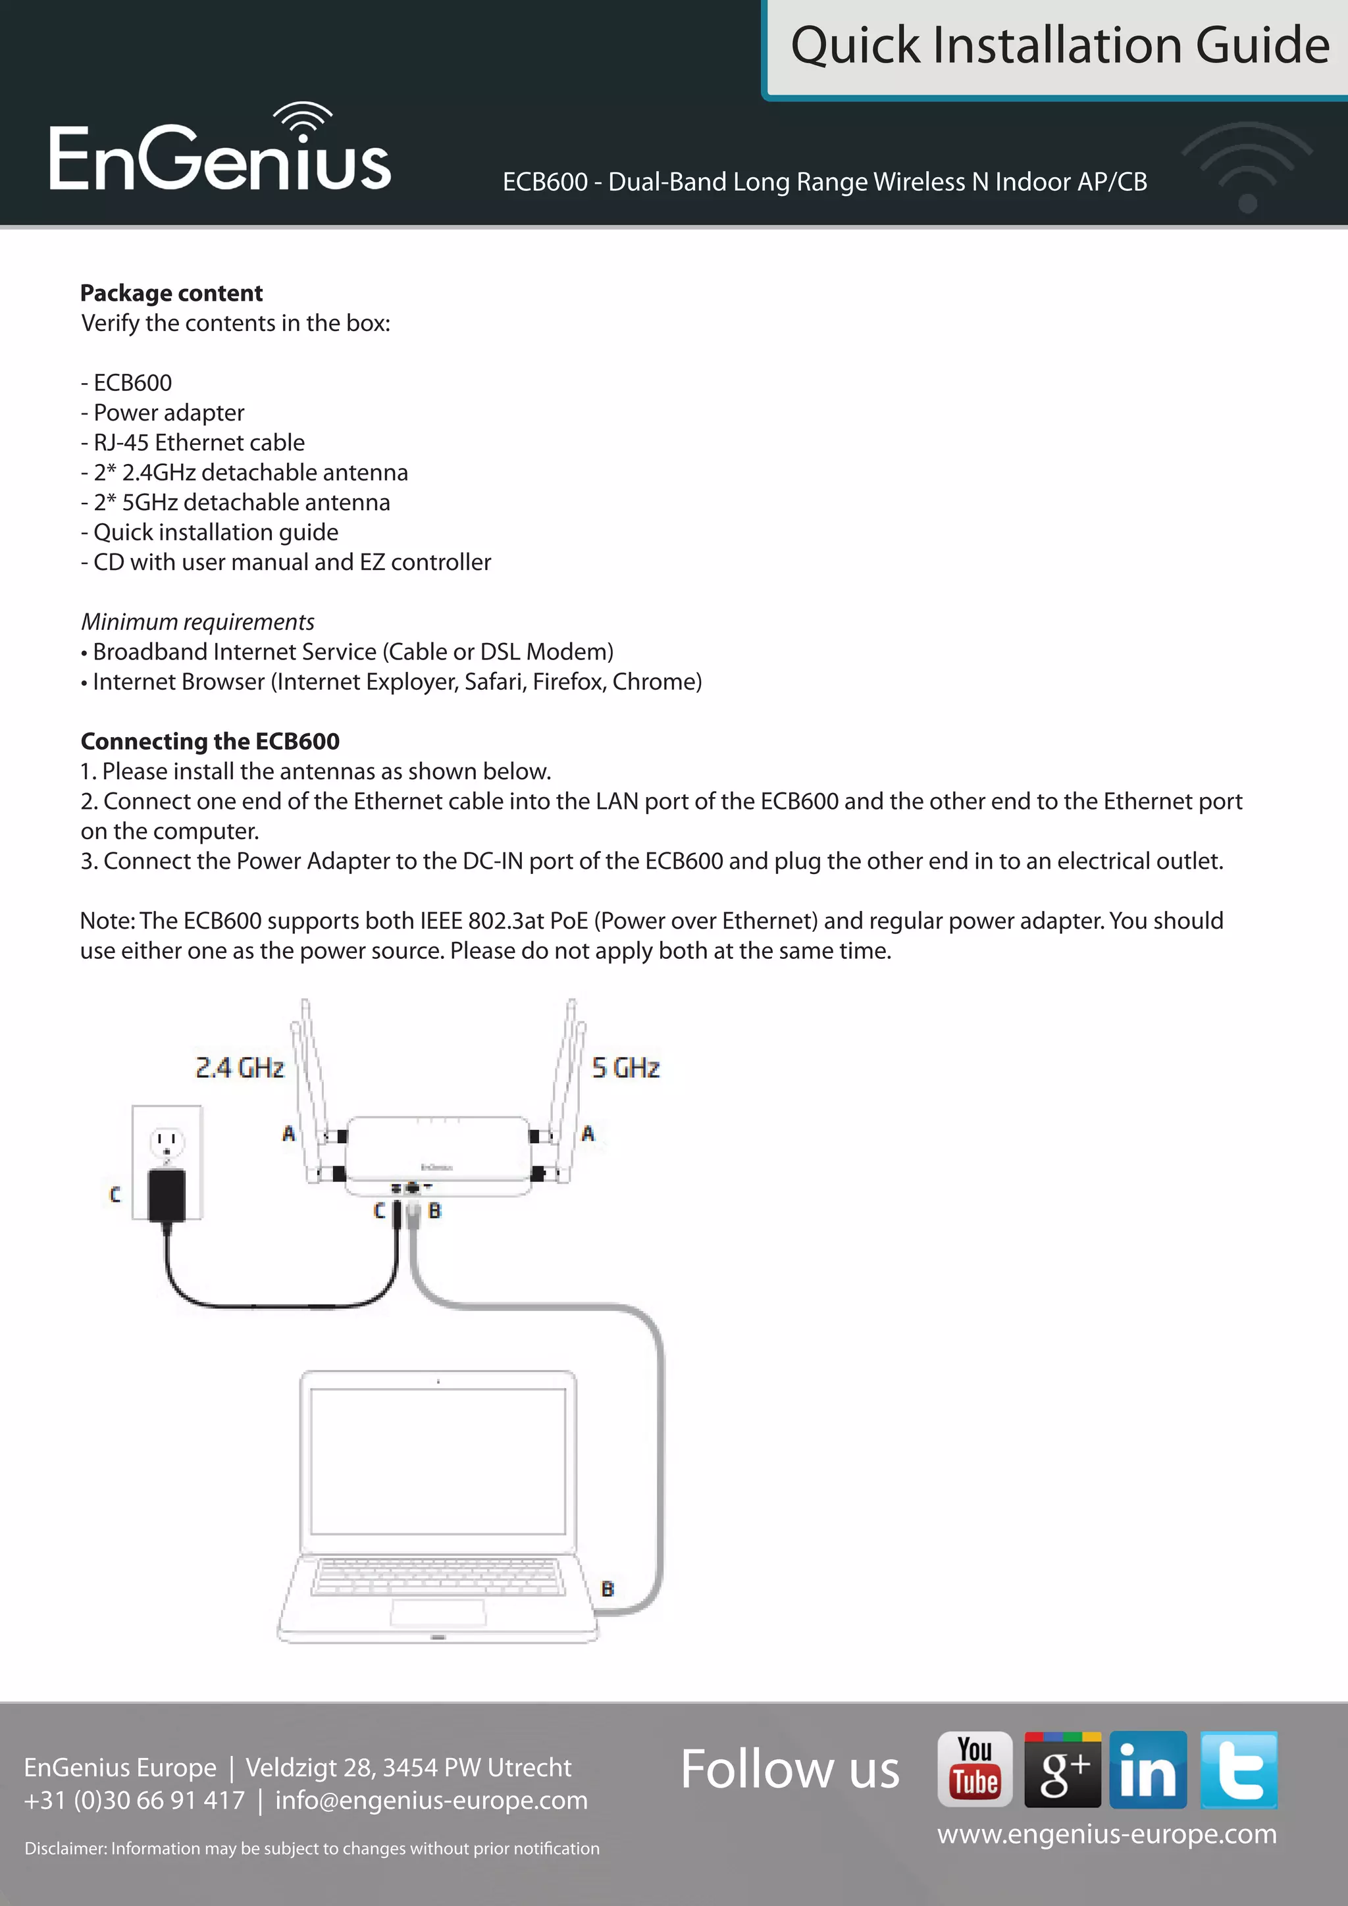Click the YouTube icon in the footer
coord(975,1768)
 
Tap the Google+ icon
coord(1062,1769)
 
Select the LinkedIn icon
coord(1148,1769)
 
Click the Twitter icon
coord(1239,1769)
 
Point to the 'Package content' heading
coord(171,293)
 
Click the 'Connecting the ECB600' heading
coord(210,741)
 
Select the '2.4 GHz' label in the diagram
coord(240,1068)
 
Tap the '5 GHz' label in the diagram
coord(626,1068)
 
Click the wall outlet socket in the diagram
coord(167,1143)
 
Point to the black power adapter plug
coord(167,1194)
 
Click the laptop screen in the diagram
coord(438,1461)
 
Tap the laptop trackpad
coord(438,1611)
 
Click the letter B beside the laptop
coord(608,1589)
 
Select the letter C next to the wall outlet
coord(115,1195)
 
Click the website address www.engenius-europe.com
coord(1106,1833)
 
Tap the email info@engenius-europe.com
coord(431,1800)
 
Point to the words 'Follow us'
coord(789,1769)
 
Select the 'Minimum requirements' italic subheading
coord(197,622)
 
